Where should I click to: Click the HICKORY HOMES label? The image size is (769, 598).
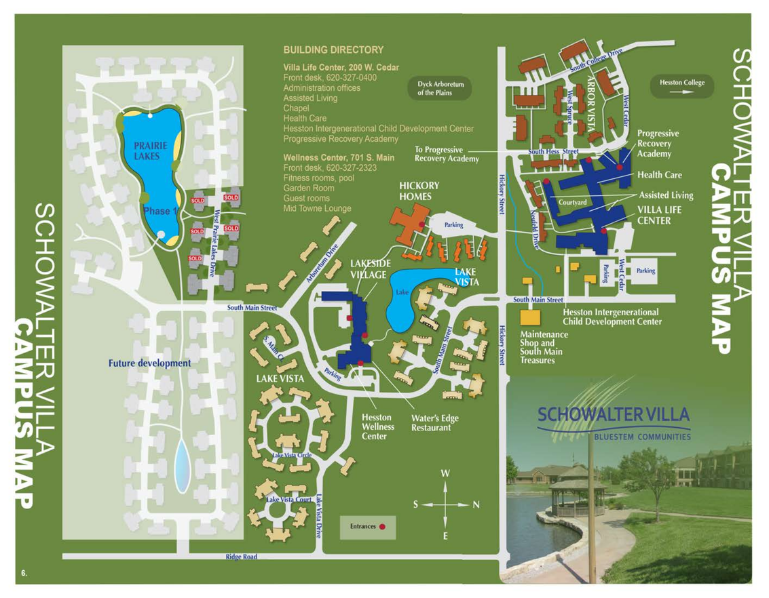pyautogui.click(x=419, y=191)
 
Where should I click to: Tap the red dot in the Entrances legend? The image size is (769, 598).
pyautogui.click(x=382, y=526)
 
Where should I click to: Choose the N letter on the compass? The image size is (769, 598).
pyautogui.click(x=476, y=504)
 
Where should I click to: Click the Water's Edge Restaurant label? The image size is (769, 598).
pyautogui.click(x=434, y=422)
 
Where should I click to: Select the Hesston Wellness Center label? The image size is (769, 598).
pyautogui.click(x=377, y=427)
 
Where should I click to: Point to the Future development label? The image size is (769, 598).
pyautogui.click(x=149, y=363)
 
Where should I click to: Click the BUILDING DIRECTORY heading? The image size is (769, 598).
pyautogui.click(x=333, y=50)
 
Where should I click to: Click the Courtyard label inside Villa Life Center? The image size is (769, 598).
pyautogui.click(x=573, y=202)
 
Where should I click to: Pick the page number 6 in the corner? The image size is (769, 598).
pyautogui.click(x=24, y=574)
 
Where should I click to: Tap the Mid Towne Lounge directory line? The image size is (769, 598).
pyautogui.click(x=317, y=209)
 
